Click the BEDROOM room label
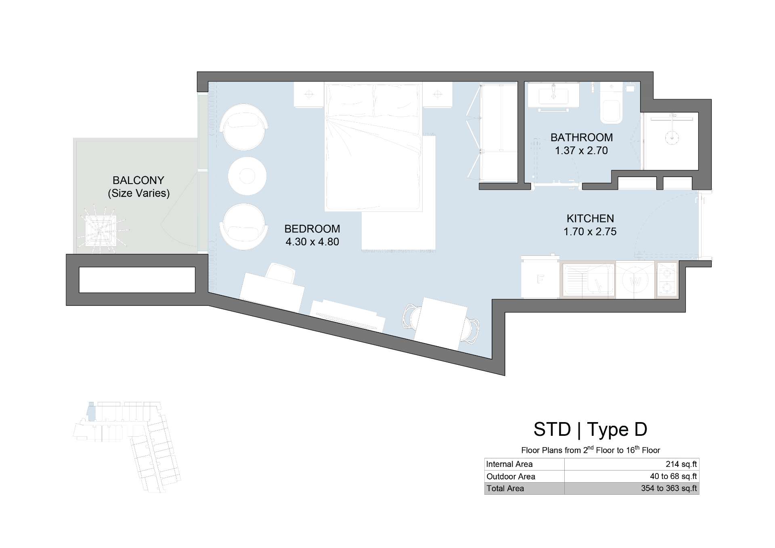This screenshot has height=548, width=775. coord(312,229)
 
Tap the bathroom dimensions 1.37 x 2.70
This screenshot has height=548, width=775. coord(581,151)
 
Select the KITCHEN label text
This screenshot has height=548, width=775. coord(590,218)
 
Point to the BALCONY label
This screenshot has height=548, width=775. coord(138,180)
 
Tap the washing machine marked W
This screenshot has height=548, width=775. coord(635,280)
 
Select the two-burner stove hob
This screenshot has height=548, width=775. coord(666,280)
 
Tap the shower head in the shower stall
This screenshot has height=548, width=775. coord(672,138)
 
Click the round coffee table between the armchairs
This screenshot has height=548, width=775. coord(247,176)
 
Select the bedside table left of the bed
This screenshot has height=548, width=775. coord(309,95)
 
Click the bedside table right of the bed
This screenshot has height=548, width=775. coord(437,95)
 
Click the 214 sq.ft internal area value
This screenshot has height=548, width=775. coord(681,464)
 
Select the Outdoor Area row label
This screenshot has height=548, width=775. coord(511,477)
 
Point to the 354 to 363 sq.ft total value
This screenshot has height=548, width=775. coord(669,488)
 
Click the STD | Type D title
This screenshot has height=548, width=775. coord(590,429)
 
